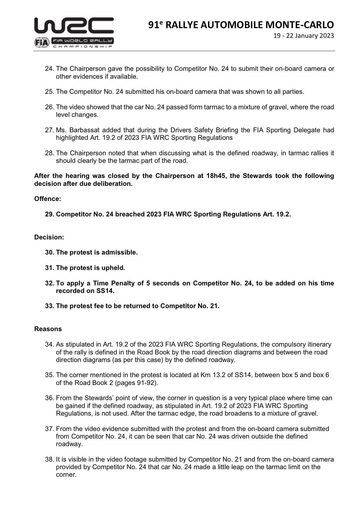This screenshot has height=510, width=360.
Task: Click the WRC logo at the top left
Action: (x=74, y=25)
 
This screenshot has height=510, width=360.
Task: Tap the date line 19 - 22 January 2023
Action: (x=303, y=36)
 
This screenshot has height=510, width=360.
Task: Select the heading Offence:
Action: (x=47, y=199)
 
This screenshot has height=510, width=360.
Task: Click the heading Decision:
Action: (x=49, y=237)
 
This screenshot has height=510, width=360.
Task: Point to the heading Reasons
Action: (x=48, y=329)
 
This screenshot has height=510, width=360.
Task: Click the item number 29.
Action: (x=50, y=214)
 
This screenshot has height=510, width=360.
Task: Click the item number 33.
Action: (x=50, y=306)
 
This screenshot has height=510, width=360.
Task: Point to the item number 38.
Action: (x=50, y=459)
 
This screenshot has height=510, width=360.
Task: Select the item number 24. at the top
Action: (x=50, y=69)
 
